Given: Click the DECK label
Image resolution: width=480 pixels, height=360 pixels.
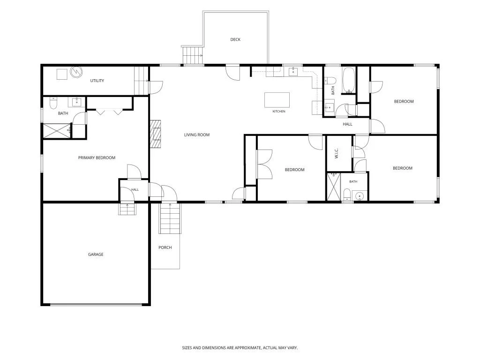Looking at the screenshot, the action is (x=235, y=39).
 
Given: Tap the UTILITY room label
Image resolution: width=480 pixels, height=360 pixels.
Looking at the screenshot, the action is (x=97, y=81).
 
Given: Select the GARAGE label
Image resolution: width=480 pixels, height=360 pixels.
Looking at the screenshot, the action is (x=96, y=255).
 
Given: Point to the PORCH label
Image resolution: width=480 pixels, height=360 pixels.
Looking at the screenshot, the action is (x=165, y=247).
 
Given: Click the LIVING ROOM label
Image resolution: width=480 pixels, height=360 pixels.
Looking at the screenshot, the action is (x=197, y=135).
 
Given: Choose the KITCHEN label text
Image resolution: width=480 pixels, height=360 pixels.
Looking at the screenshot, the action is (x=279, y=112).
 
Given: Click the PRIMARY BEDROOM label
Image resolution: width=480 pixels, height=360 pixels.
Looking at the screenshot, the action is (x=97, y=157).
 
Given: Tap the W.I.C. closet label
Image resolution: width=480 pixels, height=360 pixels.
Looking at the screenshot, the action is (x=337, y=153).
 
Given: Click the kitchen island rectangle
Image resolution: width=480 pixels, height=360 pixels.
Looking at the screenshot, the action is (x=277, y=100).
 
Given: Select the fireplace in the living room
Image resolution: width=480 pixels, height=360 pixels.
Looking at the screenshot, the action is (x=156, y=134).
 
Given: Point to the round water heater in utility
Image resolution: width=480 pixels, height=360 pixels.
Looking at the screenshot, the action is (x=76, y=72).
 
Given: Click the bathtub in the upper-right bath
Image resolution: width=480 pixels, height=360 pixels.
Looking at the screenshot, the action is (x=349, y=80).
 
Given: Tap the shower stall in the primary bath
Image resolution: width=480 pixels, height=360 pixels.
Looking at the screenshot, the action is (x=57, y=131).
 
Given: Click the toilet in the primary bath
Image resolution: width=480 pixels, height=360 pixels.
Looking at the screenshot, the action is (x=53, y=104).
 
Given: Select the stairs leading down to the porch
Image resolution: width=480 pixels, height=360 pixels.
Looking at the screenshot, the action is (x=170, y=218).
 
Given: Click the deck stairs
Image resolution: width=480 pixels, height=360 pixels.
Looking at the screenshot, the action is (x=193, y=55).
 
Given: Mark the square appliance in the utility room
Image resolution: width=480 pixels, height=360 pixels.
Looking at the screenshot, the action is (x=62, y=75).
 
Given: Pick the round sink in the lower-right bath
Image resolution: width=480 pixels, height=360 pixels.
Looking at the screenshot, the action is (x=360, y=195).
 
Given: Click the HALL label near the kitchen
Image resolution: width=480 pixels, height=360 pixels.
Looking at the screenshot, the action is (x=347, y=124).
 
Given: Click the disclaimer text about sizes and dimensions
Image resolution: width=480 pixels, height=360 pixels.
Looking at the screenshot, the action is (x=240, y=348).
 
